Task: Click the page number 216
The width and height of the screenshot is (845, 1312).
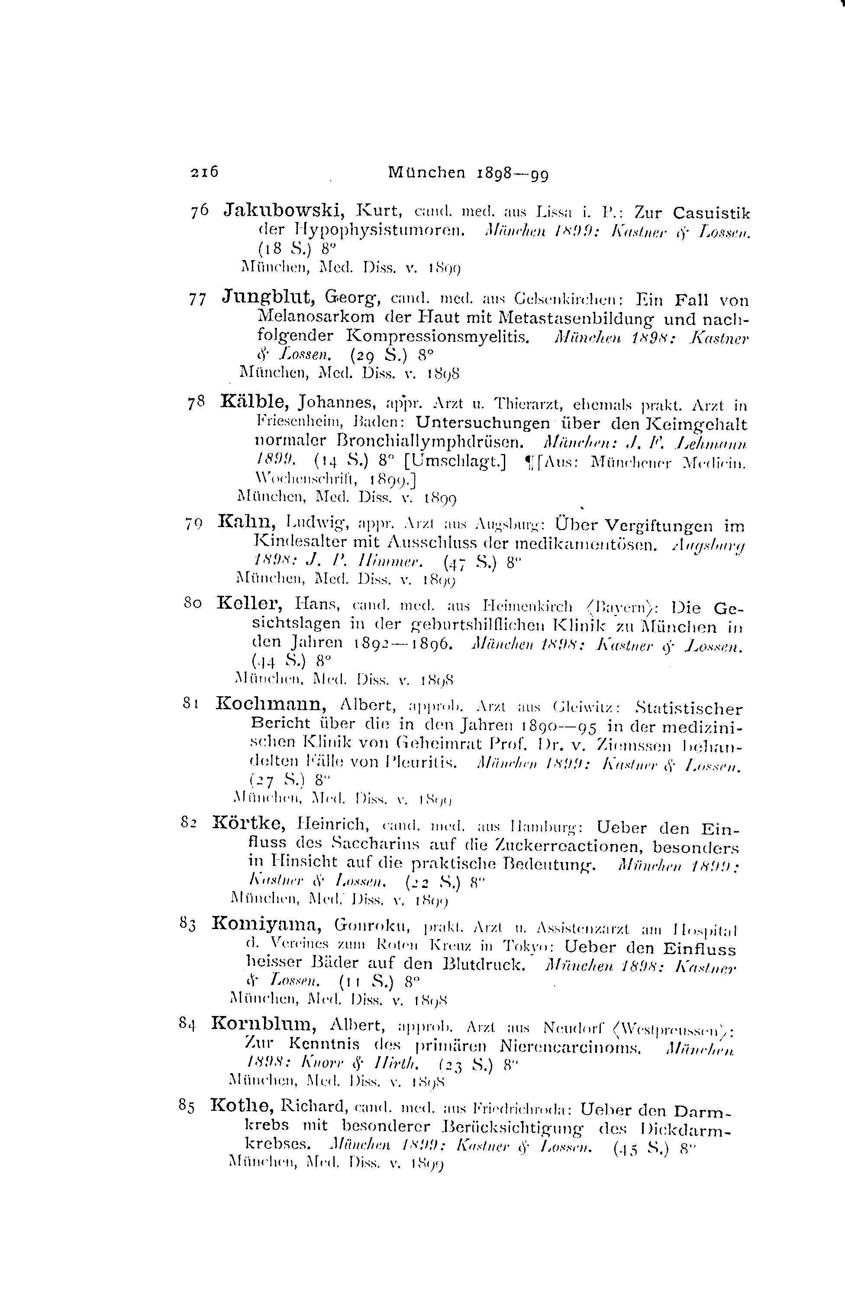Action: [x=205, y=172]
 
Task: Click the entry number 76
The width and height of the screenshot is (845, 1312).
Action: [x=199, y=212]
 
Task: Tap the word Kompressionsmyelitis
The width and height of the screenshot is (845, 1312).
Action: [x=438, y=336]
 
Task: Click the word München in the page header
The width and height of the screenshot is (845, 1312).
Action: [x=426, y=174]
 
